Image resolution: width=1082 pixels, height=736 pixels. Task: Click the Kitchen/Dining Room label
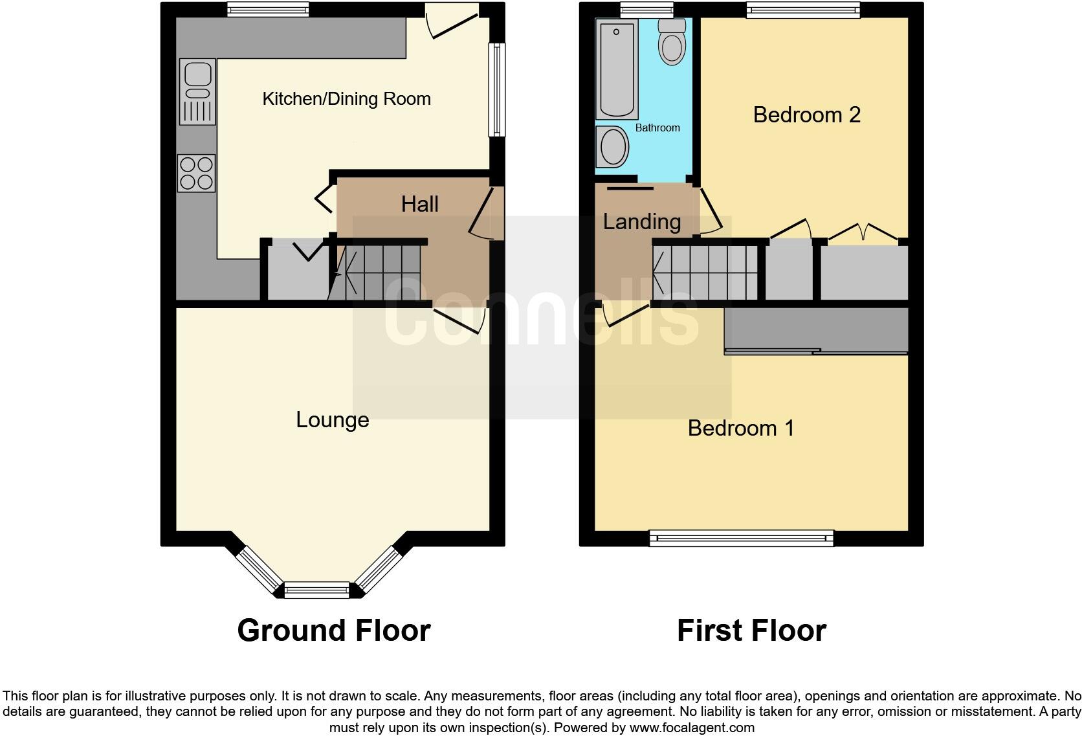point(346,99)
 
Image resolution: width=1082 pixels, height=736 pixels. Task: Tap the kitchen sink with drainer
point(197,91)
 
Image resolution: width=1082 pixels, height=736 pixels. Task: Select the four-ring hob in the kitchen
point(197,173)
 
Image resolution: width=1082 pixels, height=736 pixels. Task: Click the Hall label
point(419,205)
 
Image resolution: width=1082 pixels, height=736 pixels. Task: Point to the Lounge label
point(332,420)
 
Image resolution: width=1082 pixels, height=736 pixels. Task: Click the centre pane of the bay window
point(316,590)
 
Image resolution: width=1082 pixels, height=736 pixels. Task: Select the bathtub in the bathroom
point(617,69)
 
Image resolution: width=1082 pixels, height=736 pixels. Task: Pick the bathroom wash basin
point(612,147)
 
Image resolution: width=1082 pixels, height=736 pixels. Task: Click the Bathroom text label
point(657,128)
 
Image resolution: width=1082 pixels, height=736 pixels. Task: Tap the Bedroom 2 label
point(806,115)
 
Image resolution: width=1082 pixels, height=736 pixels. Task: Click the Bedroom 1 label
point(740,429)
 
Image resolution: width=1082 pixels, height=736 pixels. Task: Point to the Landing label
point(641,222)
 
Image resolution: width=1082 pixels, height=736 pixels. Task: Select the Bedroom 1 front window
point(742,537)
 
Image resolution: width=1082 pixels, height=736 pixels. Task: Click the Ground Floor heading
point(333,630)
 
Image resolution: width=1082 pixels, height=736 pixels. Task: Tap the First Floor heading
point(751,630)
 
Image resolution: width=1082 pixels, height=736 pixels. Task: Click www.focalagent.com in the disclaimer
point(691,728)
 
